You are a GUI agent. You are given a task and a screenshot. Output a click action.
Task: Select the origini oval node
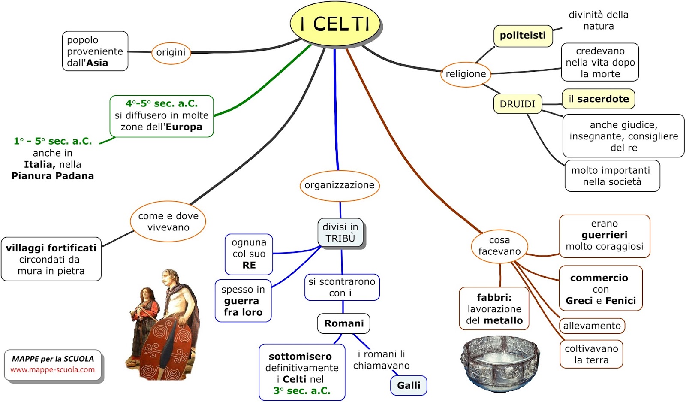click(171, 53)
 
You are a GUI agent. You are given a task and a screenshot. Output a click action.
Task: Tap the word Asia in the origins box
click(97, 63)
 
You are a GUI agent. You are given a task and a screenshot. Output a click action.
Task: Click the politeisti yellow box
click(523, 36)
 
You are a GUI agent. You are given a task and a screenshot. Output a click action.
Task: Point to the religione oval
click(466, 74)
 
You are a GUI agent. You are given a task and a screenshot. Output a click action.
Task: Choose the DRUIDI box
click(518, 104)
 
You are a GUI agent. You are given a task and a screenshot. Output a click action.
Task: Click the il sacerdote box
click(598, 99)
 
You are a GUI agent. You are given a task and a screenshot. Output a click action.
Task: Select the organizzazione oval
click(339, 185)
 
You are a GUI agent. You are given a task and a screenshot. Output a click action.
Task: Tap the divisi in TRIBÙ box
click(340, 233)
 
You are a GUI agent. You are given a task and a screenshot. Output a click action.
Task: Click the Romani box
click(343, 323)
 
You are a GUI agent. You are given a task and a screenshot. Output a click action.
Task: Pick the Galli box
click(409, 385)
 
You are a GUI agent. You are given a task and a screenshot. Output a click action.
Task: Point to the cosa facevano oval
click(499, 246)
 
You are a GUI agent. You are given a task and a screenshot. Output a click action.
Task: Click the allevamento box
click(592, 326)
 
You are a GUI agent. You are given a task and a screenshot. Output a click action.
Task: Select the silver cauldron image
click(500, 363)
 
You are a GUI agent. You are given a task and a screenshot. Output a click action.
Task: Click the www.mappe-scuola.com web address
click(53, 370)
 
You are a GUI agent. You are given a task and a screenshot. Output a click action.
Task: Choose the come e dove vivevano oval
click(168, 222)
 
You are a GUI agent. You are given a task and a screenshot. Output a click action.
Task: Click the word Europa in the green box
click(184, 127)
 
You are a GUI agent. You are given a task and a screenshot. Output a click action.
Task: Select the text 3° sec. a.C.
click(302, 391)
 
